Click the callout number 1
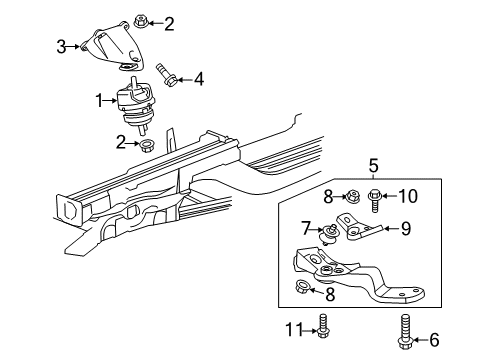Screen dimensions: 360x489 pos(99,100)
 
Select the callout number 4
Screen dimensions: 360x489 pos(199,76)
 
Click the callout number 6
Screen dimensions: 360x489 pos(433,340)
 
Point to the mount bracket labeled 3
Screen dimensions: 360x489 pos(102,48)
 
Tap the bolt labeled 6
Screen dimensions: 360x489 pos(406,332)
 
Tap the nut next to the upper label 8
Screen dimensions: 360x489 pos(352,195)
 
